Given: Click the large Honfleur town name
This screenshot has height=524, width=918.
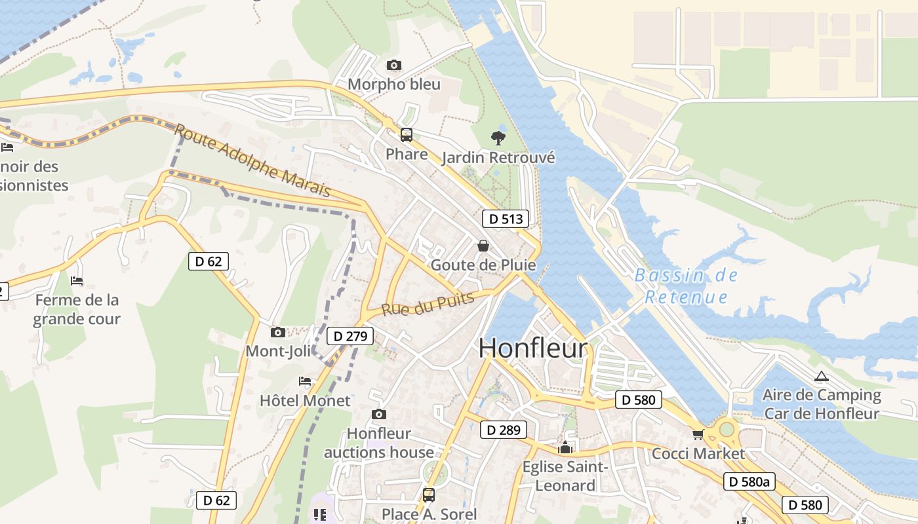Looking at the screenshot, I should [532, 348].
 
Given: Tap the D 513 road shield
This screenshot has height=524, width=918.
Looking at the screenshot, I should [505, 219].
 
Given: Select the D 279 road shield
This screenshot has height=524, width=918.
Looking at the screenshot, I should [349, 336].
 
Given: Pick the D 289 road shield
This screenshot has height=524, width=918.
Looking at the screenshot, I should [504, 430].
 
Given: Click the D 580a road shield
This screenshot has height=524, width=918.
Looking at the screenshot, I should [749, 481].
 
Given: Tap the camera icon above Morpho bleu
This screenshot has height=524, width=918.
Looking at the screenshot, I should [393, 65].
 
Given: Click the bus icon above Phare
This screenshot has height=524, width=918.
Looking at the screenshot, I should [407, 135].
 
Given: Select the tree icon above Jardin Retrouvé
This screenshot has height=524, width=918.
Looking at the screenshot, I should [498, 138].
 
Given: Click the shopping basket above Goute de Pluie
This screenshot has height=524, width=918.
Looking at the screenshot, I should [483, 246].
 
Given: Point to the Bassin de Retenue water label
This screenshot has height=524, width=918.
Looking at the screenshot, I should [686, 286].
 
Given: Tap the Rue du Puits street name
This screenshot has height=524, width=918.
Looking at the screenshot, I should [419, 305].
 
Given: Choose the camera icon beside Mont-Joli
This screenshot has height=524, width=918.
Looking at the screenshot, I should [278, 332].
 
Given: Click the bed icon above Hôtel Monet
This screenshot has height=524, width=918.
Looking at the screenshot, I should [305, 381].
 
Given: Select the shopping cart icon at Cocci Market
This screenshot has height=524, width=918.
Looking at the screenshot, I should [698, 434].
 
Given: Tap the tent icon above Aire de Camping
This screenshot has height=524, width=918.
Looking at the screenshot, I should [821, 377].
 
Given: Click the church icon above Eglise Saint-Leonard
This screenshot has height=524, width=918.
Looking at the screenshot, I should [565, 448].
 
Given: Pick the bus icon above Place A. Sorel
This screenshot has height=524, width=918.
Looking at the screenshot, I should [429, 495].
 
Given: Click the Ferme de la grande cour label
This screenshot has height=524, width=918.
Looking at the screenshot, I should [77, 309].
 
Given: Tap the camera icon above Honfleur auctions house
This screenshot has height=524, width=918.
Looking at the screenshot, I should [378, 414].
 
